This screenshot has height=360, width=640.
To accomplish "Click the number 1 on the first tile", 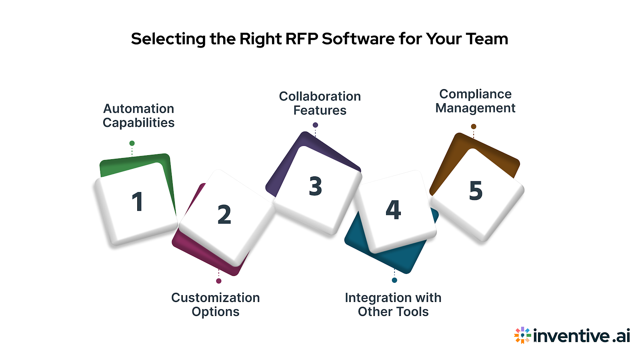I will coord(137,202).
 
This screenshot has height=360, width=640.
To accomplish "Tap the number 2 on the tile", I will coord(224,214).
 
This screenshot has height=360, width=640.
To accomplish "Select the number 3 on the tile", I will coord(315,186).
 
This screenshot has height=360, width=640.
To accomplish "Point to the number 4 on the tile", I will coord(393,210).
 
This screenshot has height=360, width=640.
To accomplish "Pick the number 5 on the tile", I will coord(476,190).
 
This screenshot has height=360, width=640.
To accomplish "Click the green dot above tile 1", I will coord(132,143).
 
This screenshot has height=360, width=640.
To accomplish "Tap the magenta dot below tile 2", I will coord(219,281).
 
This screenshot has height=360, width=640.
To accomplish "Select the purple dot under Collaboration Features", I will coord(315,125).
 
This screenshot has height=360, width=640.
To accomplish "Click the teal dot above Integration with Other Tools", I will coord(394,280).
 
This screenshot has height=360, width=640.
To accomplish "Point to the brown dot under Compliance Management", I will coord(474,126).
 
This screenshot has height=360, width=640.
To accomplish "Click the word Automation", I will coord(138,109).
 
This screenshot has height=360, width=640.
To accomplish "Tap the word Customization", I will coord(216,298).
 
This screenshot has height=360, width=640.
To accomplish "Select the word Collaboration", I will coord(320,96).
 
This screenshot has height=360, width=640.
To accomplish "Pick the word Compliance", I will coord(475,94).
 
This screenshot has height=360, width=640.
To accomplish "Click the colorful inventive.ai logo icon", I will coord(522,335).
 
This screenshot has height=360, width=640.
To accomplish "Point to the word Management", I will coord(475,108).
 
